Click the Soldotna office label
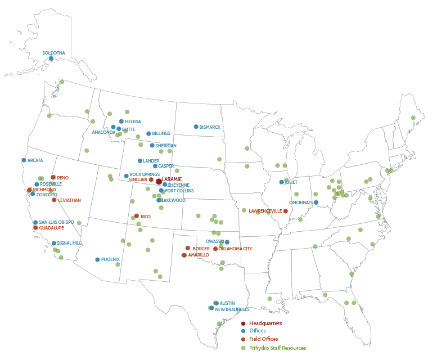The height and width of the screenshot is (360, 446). pyautogui.click(x=54, y=53)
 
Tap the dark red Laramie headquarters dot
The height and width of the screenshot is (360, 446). pyautogui.click(x=159, y=181)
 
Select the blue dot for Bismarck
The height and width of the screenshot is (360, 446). pyautogui.click(x=196, y=127)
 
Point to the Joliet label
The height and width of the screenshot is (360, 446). pyautogui.click(x=292, y=182)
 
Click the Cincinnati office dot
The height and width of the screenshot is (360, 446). pyautogui.click(x=316, y=202)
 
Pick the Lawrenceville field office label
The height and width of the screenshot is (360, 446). pyautogui.click(x=265, y=211)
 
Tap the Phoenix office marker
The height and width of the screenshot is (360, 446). pyautogui.click(x=97, y=259)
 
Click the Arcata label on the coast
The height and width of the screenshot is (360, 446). pyautogui.click(x=35, y=160)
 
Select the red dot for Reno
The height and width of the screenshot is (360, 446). pyautogui.click(x=53, y=177)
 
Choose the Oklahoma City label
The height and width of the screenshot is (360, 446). pyautogui.click(x=235, y=249)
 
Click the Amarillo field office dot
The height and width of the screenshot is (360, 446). pyautogui.click(x=184, y=255)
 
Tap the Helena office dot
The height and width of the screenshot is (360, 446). pyautogui.click(x=121, y=121)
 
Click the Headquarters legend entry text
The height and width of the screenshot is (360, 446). pyautogui.click(x=265, y=323)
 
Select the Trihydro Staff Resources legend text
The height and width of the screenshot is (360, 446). pyautogui.click(x=277, y=348)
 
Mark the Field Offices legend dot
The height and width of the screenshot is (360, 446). pyautogui.click(x=244, y=340)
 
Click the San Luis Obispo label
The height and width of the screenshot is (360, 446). pyautogui.click(x=56, y=222)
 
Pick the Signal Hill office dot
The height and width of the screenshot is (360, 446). pyautogui.click(x=54, y=243)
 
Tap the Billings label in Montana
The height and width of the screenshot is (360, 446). pyautogui.click(x=161, y=133)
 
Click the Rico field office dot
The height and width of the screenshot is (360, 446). pyautogui.click(x=137, y=215)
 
